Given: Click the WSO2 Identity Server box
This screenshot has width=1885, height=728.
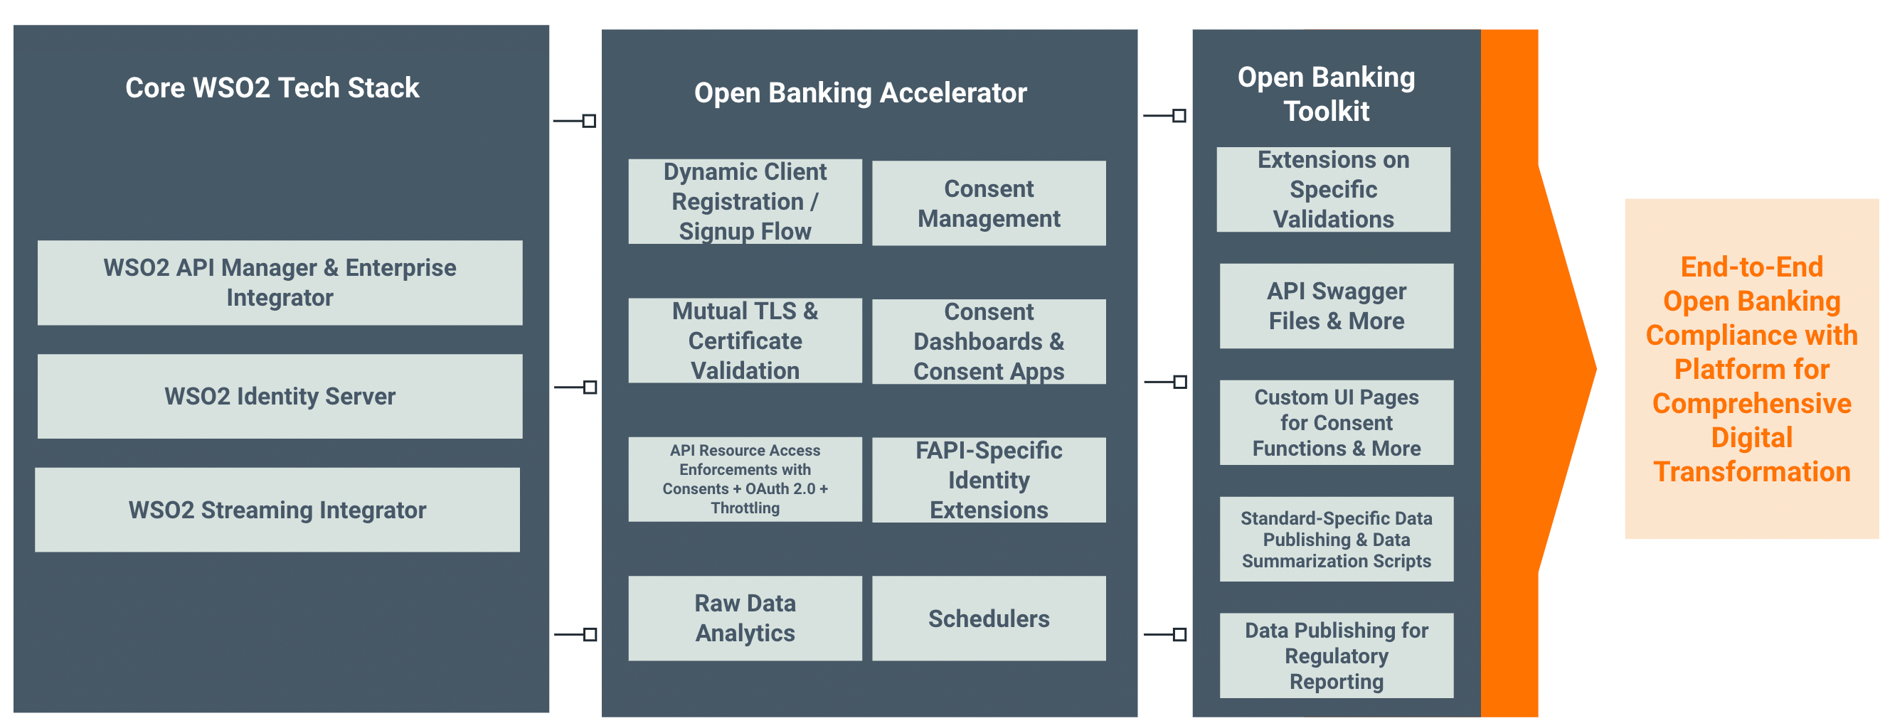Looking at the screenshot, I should [x=280, y=397].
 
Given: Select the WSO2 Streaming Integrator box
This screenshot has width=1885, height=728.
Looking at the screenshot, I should [x=277, y=510].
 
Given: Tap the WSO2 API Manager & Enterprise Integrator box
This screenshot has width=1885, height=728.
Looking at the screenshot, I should [x=280, y=283].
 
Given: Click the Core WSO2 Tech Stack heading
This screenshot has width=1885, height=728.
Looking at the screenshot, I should [x=272, y=87].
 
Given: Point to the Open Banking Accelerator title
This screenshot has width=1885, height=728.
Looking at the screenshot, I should [x=860, y=93].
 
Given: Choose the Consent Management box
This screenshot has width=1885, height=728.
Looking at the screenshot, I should [x=989, y=203].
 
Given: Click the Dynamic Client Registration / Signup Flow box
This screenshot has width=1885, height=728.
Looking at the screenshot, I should [x=745, y=202].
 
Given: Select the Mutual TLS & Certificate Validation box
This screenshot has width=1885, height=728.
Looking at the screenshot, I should [x=745, y=341].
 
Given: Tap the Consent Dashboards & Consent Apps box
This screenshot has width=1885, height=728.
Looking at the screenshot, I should [x=989, y=342].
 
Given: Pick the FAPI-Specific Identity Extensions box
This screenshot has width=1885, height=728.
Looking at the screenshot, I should [x=989, y=480].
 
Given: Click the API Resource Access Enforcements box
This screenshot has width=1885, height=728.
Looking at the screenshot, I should [x=745, y=479].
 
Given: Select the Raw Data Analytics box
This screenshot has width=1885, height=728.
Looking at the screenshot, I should [x=745, y=619].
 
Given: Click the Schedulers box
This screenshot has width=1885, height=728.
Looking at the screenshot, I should [x=989, y=619].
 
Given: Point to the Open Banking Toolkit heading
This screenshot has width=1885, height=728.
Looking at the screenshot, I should [x=1326, y=94].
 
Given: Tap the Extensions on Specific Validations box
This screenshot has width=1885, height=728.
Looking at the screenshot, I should [x=1333, y=190].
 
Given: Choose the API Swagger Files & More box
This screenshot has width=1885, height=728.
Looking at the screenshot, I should [x=1336, y=306].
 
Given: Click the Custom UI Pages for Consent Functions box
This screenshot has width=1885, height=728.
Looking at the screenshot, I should [x=1336, y=423].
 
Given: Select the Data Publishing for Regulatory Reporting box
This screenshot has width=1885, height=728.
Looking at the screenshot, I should [x=1336, y=655].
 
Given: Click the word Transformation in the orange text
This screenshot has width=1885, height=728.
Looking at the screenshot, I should [x=1751, y=472].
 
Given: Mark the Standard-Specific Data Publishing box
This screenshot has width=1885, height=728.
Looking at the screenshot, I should [x=1336, y=539].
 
